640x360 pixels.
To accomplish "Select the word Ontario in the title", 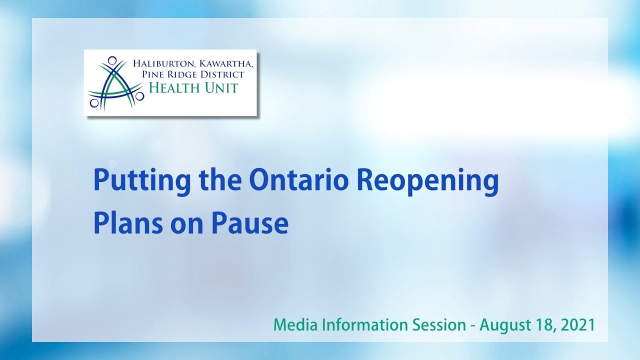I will (x=298, y=180).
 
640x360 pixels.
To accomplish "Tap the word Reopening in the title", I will (x=427, y=181).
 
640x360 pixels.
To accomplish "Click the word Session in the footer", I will (x=439, y=325).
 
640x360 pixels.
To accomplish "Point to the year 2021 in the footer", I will (x=578, y=325).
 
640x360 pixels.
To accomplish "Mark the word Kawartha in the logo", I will (x=222, y=63).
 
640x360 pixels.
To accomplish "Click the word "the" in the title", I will (x=216, y=180).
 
